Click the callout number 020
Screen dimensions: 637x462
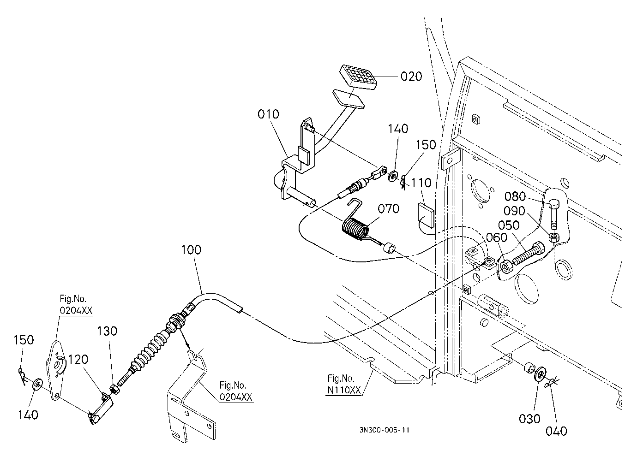coord(411,76)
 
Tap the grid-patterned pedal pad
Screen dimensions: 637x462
coord(358,77)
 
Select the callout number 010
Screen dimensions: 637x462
coord(268,114)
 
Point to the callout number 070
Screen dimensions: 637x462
coord(388,209)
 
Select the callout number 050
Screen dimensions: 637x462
coord(509,225)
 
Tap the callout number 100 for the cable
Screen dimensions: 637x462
coord(191,250)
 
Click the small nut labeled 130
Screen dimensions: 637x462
coord(115,389)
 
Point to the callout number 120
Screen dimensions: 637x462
coord(78,360)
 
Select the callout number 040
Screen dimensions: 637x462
coord(556,431)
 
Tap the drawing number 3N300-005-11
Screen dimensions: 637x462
coord(385,430)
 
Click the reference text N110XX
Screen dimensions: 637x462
coord(344,390)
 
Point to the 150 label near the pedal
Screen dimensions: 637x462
coord(426,145)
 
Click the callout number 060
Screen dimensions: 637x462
coord(497,237)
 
